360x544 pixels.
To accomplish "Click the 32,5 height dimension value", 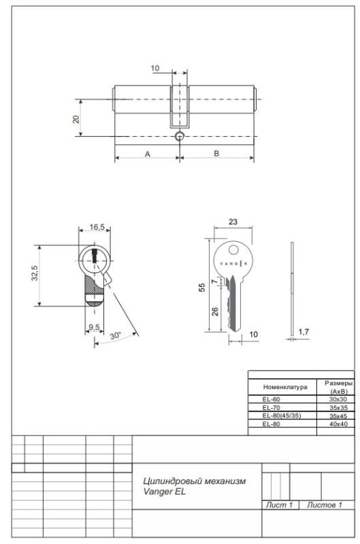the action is click(35, 273).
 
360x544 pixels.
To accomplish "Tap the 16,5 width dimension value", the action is click(97, 227).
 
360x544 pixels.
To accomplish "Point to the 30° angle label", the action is click(116, 335).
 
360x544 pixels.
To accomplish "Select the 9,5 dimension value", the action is click(94, 327).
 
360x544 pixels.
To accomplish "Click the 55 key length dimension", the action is click(201, 287).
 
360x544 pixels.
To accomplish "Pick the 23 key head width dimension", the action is click(233, 222).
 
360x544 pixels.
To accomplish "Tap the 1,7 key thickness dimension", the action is click(304, 332).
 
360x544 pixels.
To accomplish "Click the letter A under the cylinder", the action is click(148, 154).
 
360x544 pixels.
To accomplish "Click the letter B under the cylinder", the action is click(216, 154).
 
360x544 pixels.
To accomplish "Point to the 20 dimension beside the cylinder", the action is click(76, 119).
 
